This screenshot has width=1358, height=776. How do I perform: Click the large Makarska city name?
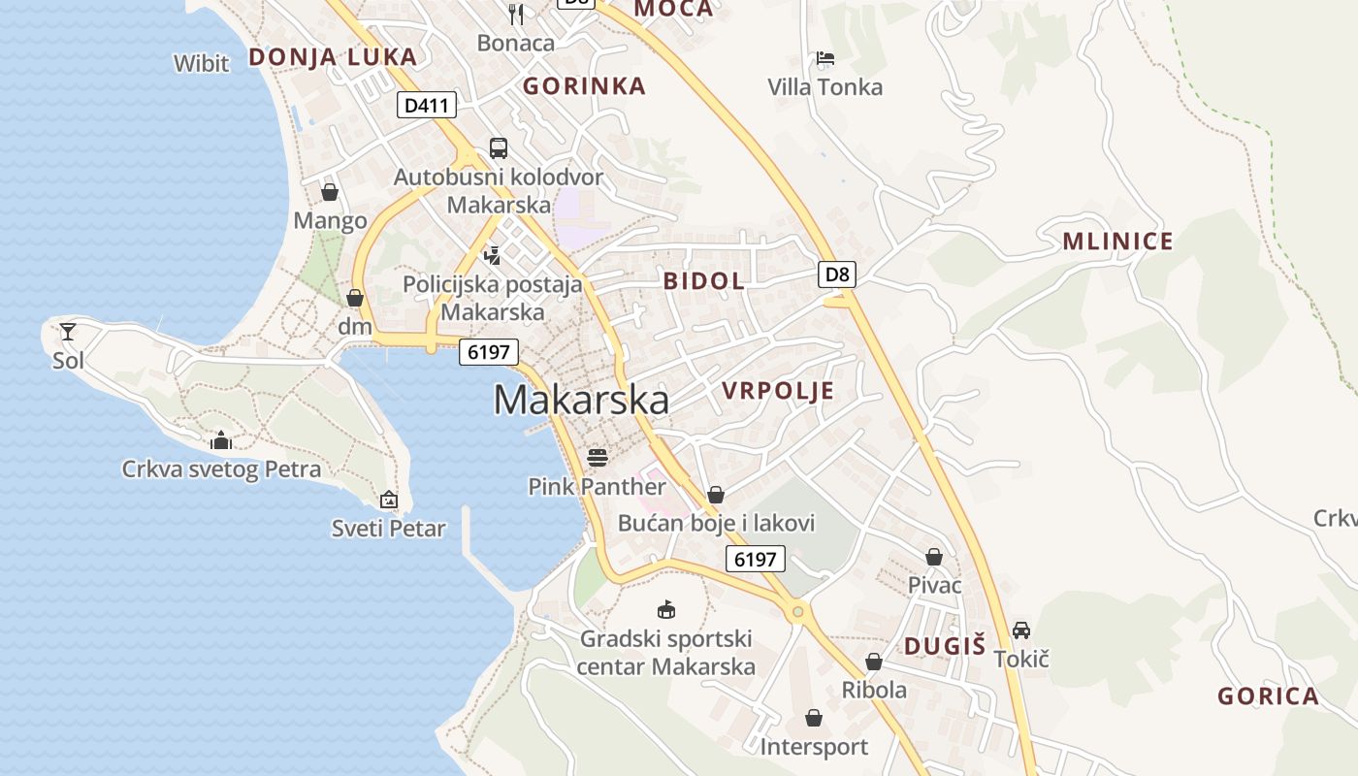[581, 400]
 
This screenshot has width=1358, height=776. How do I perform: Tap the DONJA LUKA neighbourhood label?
[333, 57]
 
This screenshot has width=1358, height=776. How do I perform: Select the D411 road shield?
[426, 105]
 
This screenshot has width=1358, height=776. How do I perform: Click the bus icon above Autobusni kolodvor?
[498, 148]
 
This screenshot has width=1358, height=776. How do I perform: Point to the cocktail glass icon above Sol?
[68, 332]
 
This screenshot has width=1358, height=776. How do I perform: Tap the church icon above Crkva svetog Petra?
[221, 440]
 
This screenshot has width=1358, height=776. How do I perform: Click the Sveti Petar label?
[388, 529]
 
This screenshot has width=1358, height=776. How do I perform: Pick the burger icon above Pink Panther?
[597, 457]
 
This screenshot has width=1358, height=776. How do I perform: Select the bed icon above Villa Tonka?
[824, 58]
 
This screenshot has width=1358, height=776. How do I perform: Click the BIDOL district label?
[704, 281]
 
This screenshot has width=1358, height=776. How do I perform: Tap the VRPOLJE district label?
[778, 391]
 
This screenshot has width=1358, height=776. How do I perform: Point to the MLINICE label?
[1117, 242]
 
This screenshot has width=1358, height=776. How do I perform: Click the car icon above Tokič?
[1021, 630]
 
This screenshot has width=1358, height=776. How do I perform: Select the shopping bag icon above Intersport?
[813, 718]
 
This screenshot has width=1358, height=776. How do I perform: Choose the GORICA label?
[1268, 695]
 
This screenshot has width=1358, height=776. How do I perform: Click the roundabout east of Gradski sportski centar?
[797, 611]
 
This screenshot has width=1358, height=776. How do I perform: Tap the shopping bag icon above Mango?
[330, 192]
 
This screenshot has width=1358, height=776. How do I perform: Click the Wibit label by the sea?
[201, 64]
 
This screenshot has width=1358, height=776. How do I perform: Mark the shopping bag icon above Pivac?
[934, 557]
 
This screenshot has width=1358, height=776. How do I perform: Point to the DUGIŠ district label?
[945, 646]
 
